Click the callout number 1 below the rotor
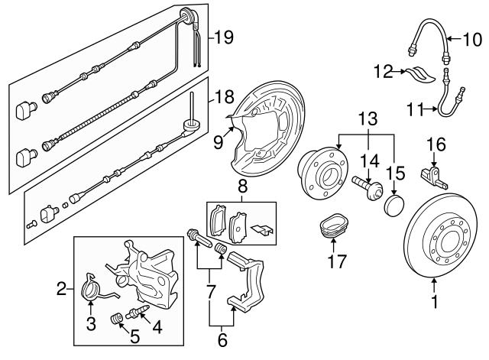[x=435, y=303]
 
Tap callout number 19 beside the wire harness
[x=222, y=35]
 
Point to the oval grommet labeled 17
[x=333, y=228]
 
